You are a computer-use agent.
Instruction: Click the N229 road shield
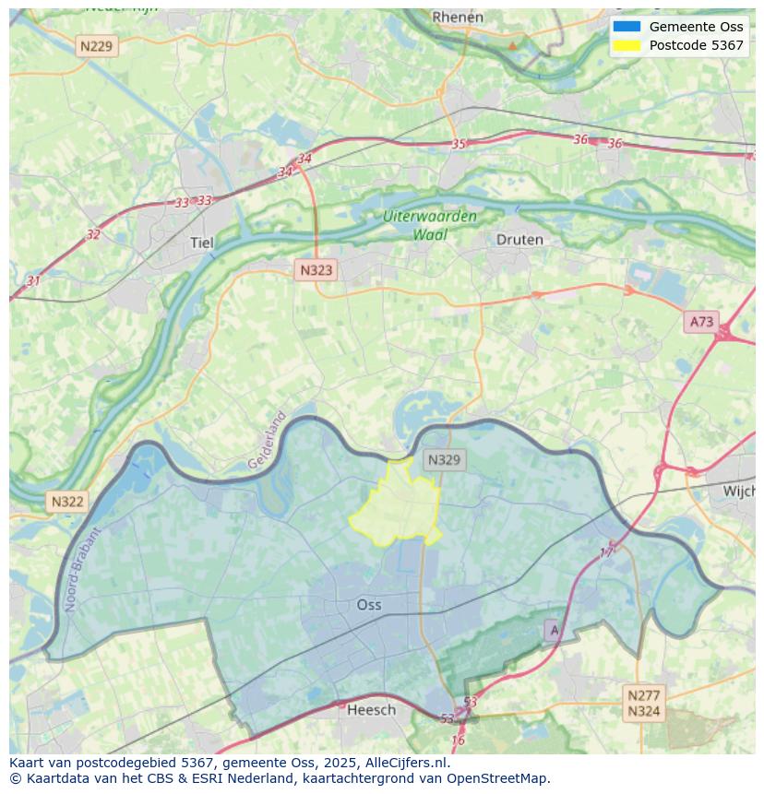[x=98, y=46]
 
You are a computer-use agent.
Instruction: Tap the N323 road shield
[x=316, y=270]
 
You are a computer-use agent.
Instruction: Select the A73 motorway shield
[x=701, y=321]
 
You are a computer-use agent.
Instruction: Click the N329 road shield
[x=445, y=460]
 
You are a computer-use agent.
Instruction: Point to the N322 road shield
[x=67, y=502]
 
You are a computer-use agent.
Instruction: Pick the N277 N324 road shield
[x=643, y=703]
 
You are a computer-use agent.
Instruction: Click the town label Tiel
[x=201, y=243]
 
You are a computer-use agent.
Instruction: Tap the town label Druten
[x=519, y=240]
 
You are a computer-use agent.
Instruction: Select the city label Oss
[x=368, y=605]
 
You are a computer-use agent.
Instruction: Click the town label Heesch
[x=371, y=709]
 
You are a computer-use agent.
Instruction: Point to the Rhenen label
[x=458, y=17]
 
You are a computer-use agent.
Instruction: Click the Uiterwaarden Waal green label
[x=430, y=225]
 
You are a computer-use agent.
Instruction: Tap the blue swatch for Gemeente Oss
[x=627, y=27]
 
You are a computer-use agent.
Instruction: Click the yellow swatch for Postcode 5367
[x=627, y=45]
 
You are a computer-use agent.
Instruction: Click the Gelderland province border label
[x=267, y=441]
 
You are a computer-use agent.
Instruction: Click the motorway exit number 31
[x=33, y=281]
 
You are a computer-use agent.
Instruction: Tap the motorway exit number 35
[x=459, y=144]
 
